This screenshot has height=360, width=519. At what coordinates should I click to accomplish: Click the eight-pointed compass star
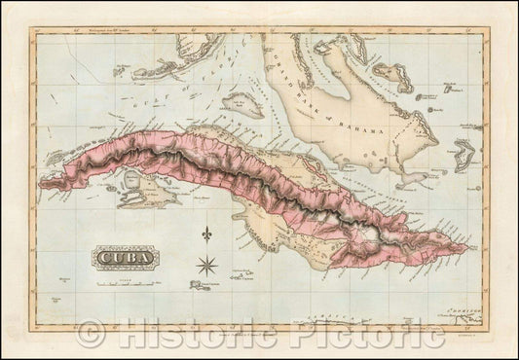[205, 262]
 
